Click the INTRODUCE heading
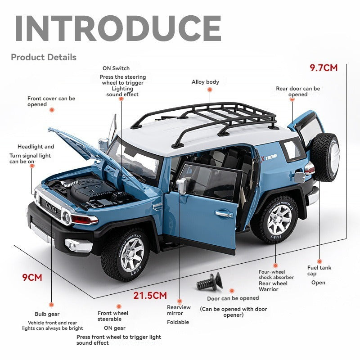click(x=118, y=28)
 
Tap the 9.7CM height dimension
click(x=323, y=68)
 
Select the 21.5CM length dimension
click(x=150, y=296)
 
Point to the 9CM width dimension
click(x=32, y=277)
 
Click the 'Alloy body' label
click(x=205, y=82)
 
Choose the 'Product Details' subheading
click(x=44, y=57)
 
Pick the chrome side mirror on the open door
click(x=181, y=184)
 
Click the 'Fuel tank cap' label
click(x=319, y=270)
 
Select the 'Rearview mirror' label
click(x=179, y=310)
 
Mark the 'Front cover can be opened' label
click(x=51, y=101)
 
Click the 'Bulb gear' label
click(x=47, y=314)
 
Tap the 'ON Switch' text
click(x=116, y=68)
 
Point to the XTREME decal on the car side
click(x=270, y=157)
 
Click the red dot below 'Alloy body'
click(x=209, y=90)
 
